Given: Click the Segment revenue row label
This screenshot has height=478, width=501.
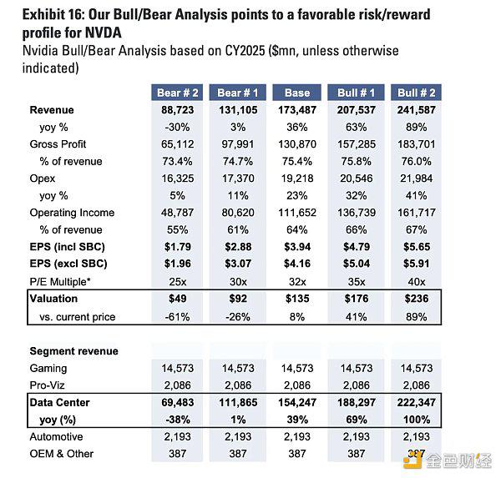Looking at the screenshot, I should coord(73,351).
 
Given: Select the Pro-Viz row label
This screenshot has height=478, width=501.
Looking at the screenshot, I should coord(48,385).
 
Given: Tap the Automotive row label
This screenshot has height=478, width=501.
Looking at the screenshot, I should coord(58,437).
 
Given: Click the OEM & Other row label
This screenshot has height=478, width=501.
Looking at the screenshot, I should coord(62,454).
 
